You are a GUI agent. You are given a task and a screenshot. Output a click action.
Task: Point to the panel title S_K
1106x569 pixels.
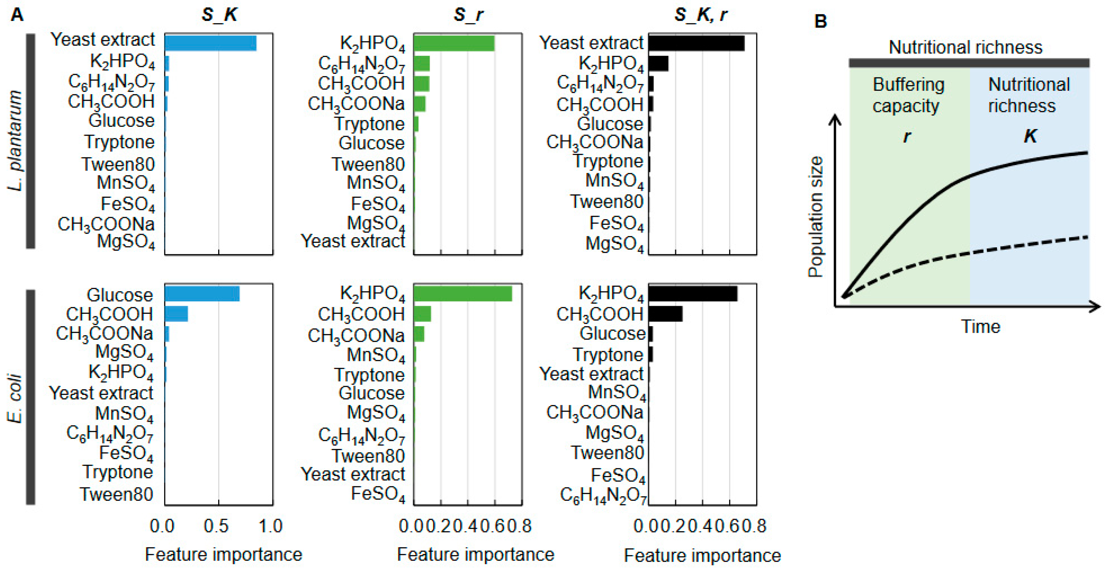tap(219, 15)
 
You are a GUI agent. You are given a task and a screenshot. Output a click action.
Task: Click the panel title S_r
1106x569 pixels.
tap(468, 15)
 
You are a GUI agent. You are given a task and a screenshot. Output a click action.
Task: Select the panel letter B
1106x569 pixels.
tap(820, 21)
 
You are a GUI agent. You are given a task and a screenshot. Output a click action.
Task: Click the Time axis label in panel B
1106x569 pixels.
tap(980, 327)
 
